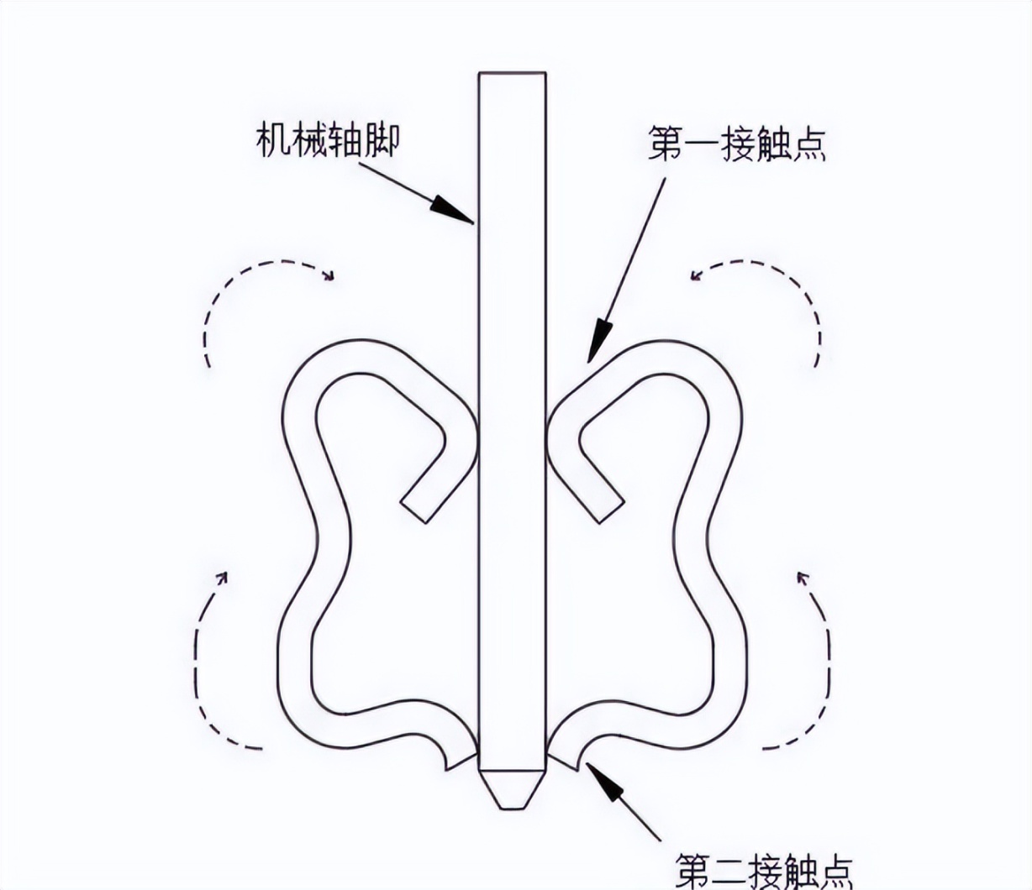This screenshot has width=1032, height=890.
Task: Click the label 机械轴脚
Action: pos(327,141)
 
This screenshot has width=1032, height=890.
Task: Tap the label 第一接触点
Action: pos(736,144)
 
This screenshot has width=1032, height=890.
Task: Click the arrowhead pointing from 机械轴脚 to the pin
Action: pos(455,210)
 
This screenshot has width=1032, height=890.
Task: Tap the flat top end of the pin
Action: pos(512,75)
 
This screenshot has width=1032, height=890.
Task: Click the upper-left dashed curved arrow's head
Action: pos(329,275)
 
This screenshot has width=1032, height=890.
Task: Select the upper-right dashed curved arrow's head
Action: pos(697,275)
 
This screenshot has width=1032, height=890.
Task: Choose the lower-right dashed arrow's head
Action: pos(802,578)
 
